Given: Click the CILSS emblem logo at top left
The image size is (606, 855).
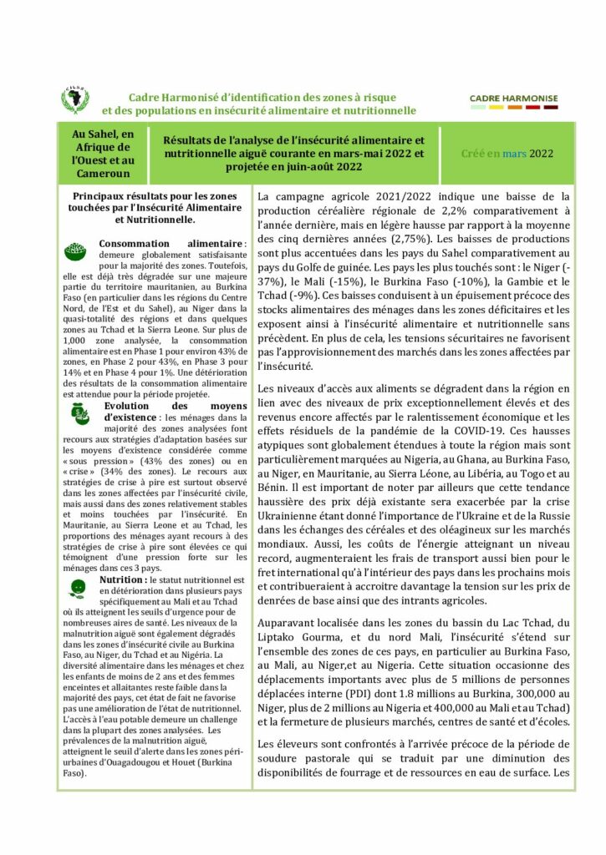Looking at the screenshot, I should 76,101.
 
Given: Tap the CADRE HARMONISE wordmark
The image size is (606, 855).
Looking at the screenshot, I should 513,99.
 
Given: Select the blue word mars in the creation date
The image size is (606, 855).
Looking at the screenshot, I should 514,154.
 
